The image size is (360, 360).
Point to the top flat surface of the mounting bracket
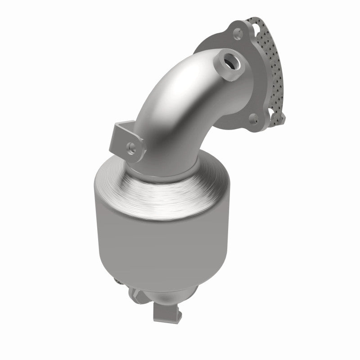point(122,129)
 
